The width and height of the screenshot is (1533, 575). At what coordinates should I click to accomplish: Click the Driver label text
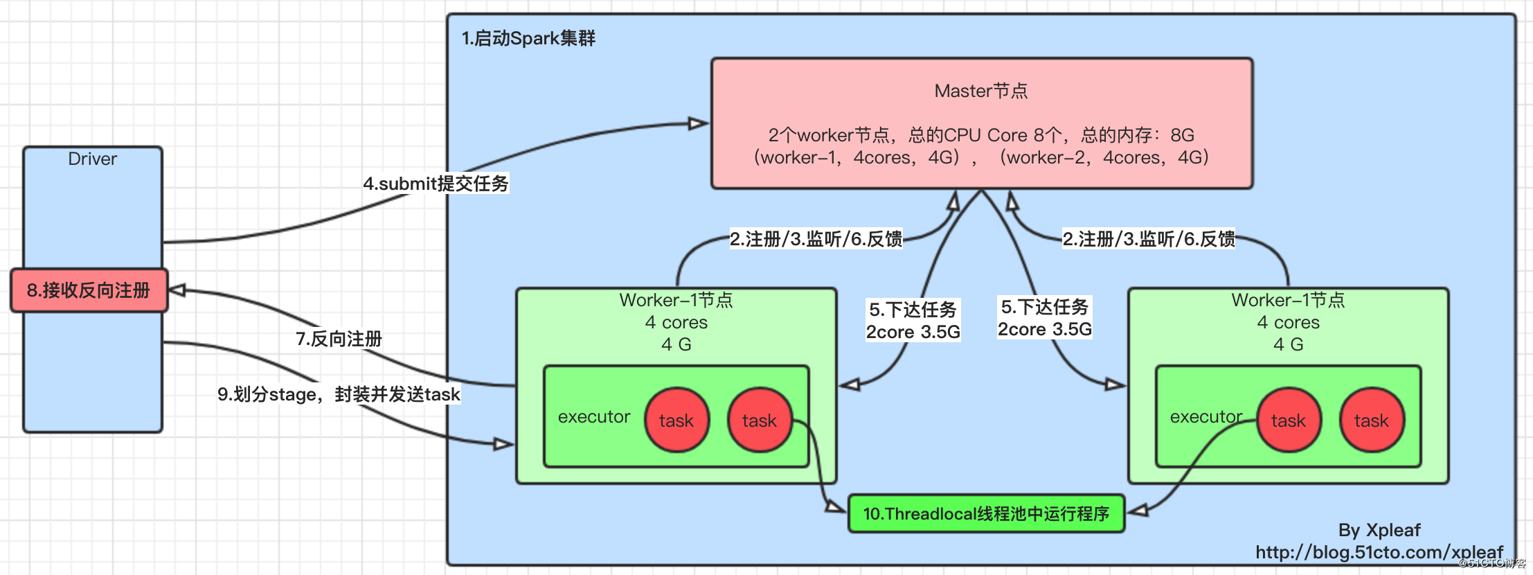tap(92, 159)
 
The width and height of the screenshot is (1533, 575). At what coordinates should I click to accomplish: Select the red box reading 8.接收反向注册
tap(89, 290)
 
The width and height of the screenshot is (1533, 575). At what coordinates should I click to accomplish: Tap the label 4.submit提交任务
tap(436, 184)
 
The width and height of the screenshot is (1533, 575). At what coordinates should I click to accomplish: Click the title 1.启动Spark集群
tap(528, 38)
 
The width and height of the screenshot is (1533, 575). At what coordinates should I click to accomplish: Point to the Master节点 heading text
tap(980, 91)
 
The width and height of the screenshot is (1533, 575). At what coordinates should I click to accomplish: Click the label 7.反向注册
tap(339, 339)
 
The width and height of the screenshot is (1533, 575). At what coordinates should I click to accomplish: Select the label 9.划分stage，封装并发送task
tap(339, 394)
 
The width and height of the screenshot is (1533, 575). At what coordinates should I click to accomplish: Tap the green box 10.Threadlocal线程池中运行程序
tap(986, 514)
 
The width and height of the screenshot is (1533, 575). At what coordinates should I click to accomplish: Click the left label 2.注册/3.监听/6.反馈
tap(816, 240)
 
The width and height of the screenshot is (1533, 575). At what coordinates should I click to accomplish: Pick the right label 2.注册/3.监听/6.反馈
tap(1149, 240)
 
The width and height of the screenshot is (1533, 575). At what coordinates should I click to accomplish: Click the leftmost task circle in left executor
tap(676, 420)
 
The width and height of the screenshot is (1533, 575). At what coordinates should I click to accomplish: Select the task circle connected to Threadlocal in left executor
tap(760, 420)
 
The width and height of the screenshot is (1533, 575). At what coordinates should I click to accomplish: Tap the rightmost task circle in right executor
tap(1372, 420)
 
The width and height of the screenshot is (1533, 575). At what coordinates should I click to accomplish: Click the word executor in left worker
tap(594, 417)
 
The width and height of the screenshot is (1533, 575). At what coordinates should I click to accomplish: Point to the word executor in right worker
tap(1206, 417)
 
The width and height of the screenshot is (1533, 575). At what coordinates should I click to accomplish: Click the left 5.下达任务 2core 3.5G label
tap(913, 321)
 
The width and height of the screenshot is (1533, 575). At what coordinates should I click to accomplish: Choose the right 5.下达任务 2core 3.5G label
tap(1044, 318)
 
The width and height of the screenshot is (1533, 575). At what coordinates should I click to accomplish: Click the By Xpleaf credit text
tap(1379, 531)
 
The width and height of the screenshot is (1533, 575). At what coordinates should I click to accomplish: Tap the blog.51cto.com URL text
tap(1379, 553)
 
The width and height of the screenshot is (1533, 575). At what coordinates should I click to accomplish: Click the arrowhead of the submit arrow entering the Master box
tap(698, 124)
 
